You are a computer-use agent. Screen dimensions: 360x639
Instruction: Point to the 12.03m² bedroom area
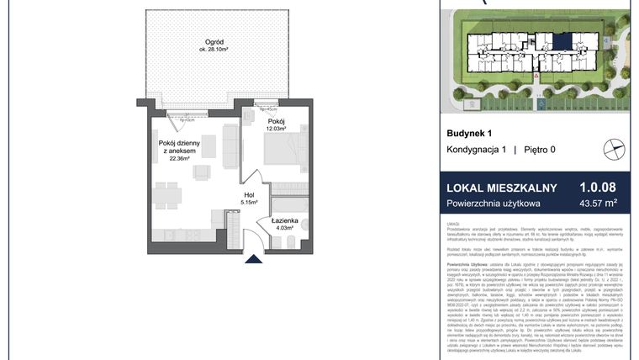[x=277, y=129]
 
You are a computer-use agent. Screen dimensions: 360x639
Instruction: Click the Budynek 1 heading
[x=469, y=133]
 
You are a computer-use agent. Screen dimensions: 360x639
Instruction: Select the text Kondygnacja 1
[x=476, y=149]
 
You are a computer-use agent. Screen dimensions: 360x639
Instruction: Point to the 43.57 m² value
[x=598, y=204]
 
